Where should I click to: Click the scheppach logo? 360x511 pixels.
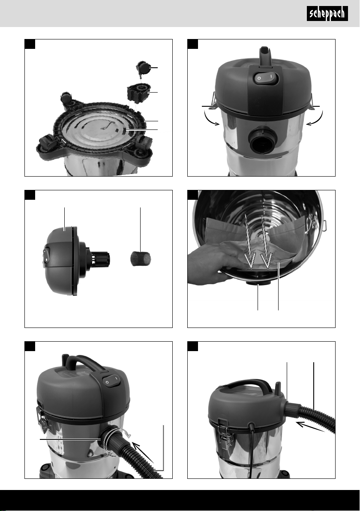(327, 14)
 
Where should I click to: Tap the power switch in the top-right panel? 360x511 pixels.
(266, 78)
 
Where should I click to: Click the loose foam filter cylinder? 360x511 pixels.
(141, 258)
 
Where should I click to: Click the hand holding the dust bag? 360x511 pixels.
(215, 264)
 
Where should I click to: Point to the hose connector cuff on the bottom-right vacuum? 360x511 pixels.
(292, 409)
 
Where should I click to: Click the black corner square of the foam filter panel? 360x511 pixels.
(30, 195)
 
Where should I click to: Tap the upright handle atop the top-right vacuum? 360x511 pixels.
(266, 54)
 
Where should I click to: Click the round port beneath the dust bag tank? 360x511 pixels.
(257, 285)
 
